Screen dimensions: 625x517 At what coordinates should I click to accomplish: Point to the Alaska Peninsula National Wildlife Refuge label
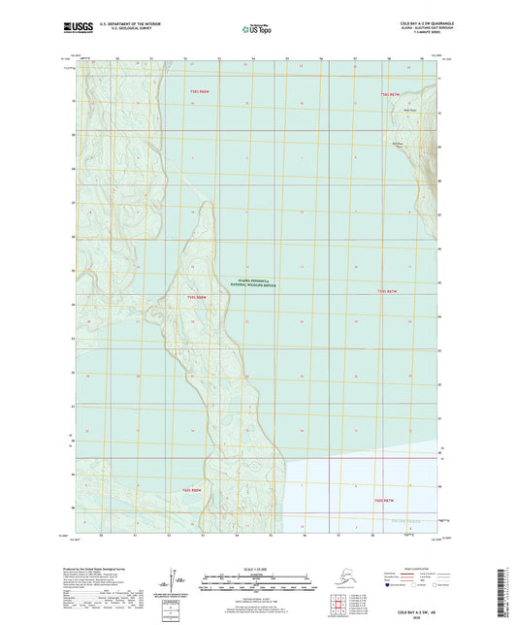(253, 281)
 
